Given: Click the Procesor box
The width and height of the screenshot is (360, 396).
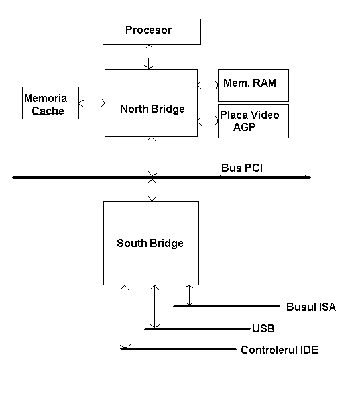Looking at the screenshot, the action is (152, 32).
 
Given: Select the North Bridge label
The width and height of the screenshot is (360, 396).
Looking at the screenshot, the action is (152, 109).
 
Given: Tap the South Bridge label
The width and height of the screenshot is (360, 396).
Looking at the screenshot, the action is (150, 244).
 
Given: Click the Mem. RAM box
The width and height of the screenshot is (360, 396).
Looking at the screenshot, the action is (253, 85).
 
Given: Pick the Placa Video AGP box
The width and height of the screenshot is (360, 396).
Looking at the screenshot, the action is (253, 121).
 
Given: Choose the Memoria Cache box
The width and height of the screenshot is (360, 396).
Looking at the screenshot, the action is (50, 103).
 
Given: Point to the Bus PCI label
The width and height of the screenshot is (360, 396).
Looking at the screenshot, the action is (242, 168).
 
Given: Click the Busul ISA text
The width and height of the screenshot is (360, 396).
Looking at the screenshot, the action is (311, 307).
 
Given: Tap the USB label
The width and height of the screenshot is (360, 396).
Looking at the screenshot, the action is (263, 328).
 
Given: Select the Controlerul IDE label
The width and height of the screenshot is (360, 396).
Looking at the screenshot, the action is (279, 350).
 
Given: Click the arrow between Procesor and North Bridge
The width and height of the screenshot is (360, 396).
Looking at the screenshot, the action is (149, 57).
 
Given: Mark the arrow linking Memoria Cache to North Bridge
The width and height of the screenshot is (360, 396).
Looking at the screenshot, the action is (91, 103).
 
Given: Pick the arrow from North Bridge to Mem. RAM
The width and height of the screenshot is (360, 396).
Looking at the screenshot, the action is (208, 85).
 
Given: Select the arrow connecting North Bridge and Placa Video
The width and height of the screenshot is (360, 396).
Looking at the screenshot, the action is (208, 121).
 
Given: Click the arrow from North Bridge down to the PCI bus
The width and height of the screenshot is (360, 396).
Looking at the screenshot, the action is (152, 156).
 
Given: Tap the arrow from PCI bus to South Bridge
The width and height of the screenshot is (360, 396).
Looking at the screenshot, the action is (152, 190).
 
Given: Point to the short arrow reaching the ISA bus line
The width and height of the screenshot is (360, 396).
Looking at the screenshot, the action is (190, 295).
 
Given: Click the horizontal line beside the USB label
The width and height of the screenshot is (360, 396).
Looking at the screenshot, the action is (197, 329).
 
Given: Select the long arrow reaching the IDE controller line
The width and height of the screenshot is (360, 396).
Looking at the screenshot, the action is (125, 317).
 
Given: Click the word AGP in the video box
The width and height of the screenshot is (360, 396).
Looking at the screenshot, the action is (244, 127).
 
